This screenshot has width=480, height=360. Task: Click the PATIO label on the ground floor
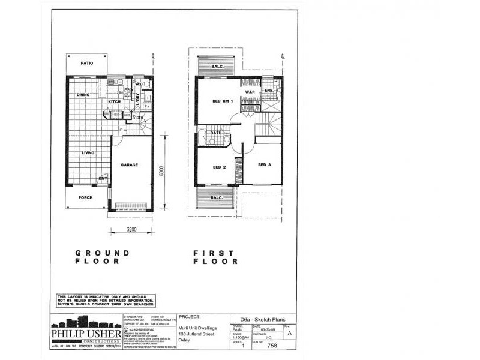pos(88,62)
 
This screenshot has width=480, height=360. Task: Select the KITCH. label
pos(115,103)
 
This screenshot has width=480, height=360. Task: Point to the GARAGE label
pos(130,164)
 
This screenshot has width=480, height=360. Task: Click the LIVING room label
pos(88,153)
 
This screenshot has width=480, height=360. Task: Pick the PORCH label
pos(85,197)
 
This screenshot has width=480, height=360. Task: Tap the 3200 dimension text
pos(132,230)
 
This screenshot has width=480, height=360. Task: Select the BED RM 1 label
pos(223,101)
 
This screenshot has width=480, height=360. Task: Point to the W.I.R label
pos(251,92)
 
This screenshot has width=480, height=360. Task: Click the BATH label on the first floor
pos(217,133)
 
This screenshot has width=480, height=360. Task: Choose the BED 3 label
pos(265,164)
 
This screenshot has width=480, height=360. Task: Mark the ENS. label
pos(269,91)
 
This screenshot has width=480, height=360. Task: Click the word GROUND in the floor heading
pos(102,253)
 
